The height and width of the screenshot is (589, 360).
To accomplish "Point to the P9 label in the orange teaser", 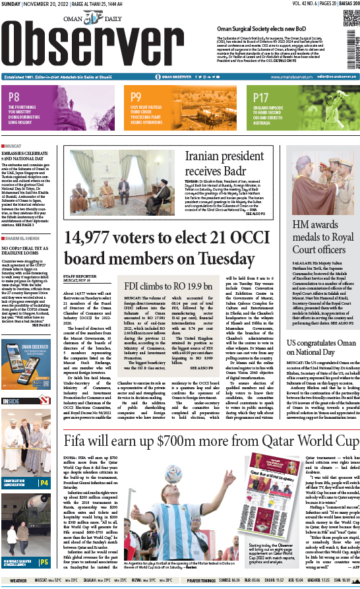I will (x=136, y=96).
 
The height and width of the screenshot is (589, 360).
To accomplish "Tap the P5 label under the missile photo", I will (x=44, y=562).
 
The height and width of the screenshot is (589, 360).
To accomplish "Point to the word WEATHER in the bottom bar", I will (x=18, y=581).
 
